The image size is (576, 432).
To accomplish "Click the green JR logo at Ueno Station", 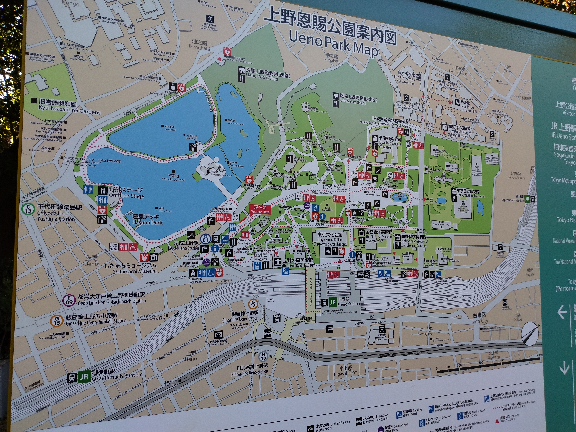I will (x=333, y=302).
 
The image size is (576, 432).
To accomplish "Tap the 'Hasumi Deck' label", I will (x=147, y=222).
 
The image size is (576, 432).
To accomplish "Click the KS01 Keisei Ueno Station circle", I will (x=205, y=239).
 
